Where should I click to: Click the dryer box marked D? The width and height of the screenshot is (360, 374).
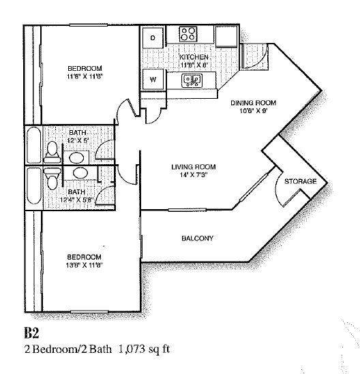click(x=153, y=37)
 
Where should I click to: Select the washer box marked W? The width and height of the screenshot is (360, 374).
click(x=153, y=80)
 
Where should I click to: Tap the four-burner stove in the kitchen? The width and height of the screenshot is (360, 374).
click(x=188, y=33)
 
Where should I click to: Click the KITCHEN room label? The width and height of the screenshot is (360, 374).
click(x=194, y=57)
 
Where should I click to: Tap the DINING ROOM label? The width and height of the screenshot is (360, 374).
click(x=253, y=103)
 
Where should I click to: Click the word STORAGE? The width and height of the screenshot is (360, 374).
click(x=301, y=181)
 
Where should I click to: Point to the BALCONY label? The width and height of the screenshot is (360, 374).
click(x=198, y=238)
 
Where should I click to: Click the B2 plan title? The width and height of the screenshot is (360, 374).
click(x=32, y=333)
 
